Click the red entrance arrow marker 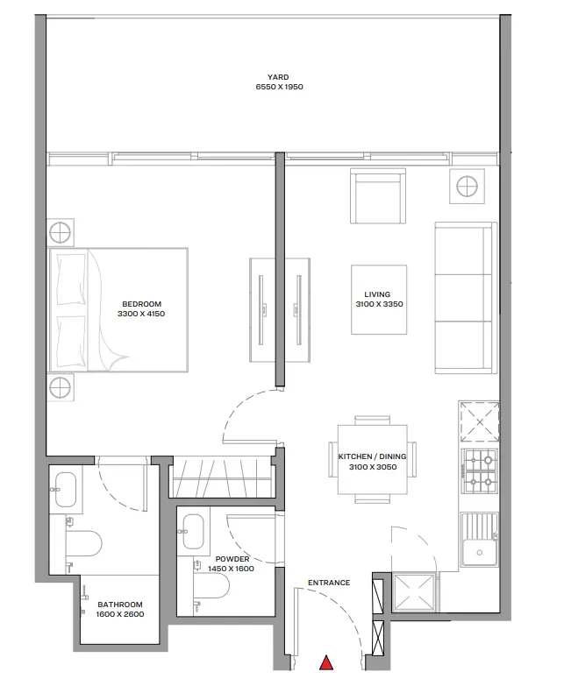[326, 663]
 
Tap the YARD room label [278, 77]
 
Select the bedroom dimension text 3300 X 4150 [141, 314]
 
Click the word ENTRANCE [329, 583]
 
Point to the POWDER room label [232, 559]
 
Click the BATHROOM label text [120, 605]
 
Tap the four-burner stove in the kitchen [481, 471]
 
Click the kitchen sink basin [479, 553]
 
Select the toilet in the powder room [212, 585]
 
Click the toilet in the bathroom [84, 543]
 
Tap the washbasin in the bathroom [66, 490]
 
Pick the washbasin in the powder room [193, 532]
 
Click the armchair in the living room [377, 196]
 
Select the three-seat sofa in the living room [466, 298]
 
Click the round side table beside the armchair [467, 187]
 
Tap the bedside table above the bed [60, 232]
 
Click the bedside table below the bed [60, 387]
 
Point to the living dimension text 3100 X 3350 [379, 304]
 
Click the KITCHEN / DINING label [372, 456]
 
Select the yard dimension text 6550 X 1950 [280, 87]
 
